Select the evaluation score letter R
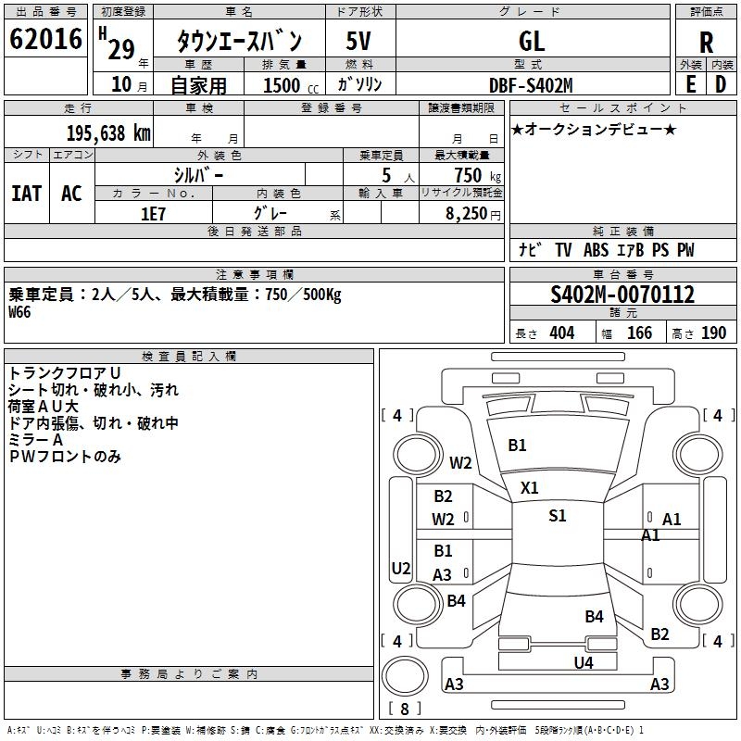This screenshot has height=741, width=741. (x=707, y=43)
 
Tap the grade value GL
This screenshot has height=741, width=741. (x=532, y=42)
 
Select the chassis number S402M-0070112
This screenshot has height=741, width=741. (x=622, y=295)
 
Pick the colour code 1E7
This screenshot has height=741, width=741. (x=153, y=212)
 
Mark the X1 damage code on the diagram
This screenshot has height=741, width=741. (x=530, y=487)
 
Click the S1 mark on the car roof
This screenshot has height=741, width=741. (x=557, y=516)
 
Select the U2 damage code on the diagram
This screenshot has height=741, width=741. (x=401, y=568)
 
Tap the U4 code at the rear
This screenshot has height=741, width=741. (x=583, y=662)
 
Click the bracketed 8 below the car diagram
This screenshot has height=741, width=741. (x=405, y=709)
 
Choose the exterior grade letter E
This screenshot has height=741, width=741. (x=690, y=84)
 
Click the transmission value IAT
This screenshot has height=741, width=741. (x=27, y=193)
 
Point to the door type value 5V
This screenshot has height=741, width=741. (x=360, y=42)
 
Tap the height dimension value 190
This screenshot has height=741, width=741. (x=713, y=333)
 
